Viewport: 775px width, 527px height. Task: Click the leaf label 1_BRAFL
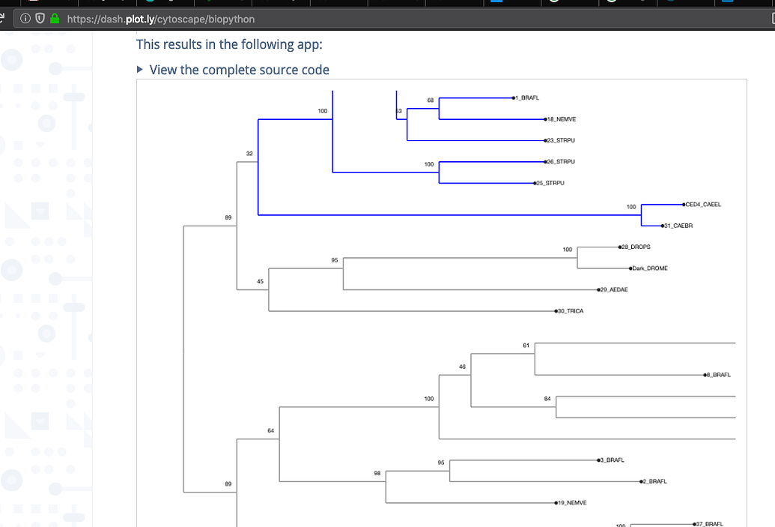pos(528,98)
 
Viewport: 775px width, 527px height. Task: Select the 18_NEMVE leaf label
pos(562,119)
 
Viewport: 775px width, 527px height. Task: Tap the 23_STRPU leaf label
pos(561,140)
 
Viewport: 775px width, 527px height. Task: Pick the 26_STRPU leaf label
pos(561,161)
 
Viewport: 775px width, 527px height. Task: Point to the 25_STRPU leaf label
pos(550,183)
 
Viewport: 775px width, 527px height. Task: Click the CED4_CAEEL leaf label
pos(703,204)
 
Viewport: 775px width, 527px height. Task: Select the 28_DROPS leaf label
pos(635,247)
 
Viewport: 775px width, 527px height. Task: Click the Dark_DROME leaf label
pos(649,268)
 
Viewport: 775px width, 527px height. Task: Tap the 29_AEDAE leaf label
pos(614,289)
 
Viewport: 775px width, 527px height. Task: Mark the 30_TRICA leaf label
pos(570,311)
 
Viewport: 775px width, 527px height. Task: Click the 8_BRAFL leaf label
pos(718,375)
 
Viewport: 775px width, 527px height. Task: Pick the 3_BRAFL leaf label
pos(612,460)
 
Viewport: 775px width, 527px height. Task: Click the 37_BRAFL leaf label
pos(711,524)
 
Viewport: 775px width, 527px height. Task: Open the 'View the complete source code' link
pos(239,70)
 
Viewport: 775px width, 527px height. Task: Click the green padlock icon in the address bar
pos(54,19)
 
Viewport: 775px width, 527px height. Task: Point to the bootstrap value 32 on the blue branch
pos(249,154)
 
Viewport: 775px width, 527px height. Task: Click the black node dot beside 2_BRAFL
pos(642,481)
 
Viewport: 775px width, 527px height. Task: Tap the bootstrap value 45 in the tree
pos(260,281)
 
